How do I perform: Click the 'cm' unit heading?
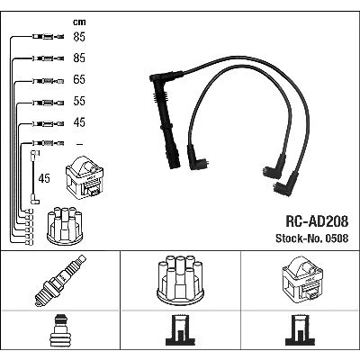tap(79, 22)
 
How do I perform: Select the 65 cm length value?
tap(79, 79)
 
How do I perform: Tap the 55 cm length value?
tap(79, 101)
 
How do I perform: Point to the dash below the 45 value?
tap(79, 144)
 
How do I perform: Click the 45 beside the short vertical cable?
tap(44, 178)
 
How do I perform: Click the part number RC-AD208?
tap(317, 221)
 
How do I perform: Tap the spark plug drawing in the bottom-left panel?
tap(60, 281)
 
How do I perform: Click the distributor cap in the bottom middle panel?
tap(180, 279)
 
